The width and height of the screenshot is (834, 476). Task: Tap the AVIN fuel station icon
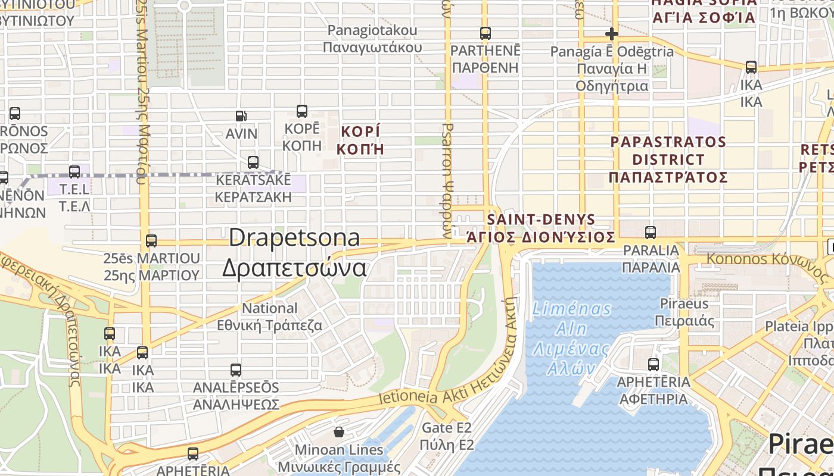[x=241, y=116]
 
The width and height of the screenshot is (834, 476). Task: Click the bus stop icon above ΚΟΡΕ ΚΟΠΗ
[x=302, y=111]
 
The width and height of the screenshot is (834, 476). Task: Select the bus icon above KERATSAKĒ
[x=253, y=162]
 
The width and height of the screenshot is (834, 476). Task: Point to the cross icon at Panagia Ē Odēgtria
[x=611, y=34]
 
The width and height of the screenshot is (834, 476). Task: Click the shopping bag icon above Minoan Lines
[x=339, y=431]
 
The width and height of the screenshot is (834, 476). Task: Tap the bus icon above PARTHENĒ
[x=486, y=33]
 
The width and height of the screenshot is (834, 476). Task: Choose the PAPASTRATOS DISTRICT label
[x=668, y=159]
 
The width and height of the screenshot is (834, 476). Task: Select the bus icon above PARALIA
[x=651, y=233]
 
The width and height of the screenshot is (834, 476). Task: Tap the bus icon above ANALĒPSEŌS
[x=236, y=369]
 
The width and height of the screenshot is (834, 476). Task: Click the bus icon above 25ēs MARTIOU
[x=151, y=240]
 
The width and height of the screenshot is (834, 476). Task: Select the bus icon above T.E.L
[x=74, y=172]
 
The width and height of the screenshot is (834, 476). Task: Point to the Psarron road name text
[x=448, y=178]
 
